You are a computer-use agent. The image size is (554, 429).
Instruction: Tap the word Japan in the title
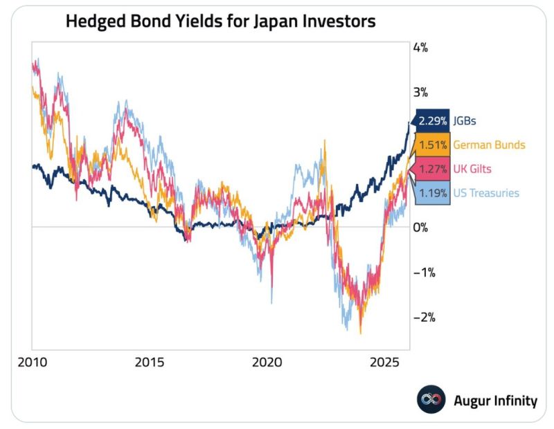[271, 21]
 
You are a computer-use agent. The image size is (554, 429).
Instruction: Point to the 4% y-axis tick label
[420, 48]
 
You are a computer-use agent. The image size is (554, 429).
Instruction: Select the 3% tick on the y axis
[420, 93]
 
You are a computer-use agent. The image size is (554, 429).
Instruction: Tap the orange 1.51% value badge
[432, 145]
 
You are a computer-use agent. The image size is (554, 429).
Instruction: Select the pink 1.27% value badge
[432, 169]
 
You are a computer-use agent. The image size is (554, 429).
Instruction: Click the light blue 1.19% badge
[432, 193]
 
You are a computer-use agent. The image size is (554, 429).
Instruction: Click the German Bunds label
[488, 145]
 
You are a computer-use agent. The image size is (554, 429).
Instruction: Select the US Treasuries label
[485, 193]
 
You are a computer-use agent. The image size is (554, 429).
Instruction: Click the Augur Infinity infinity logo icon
[430, 400]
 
